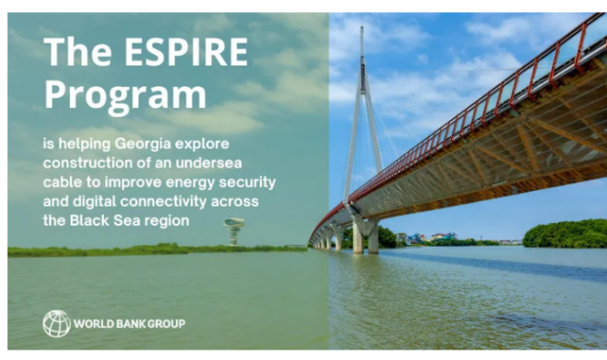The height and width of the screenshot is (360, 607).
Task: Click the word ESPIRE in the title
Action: click(186, 52)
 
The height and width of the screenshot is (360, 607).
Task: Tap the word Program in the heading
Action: click(126, 95)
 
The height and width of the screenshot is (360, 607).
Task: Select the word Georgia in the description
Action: click(143, 145)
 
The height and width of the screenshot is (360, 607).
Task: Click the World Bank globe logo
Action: click(57, 323)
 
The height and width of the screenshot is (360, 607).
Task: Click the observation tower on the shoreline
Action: click(234, 232)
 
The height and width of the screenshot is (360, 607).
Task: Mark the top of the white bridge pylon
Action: click(362, 27)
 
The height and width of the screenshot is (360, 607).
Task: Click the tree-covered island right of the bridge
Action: click(564, 234)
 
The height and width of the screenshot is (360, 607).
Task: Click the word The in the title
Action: click(78, 52)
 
